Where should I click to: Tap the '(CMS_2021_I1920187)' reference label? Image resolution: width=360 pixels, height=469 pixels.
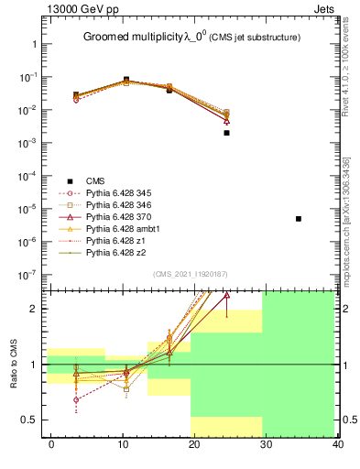pos(190,273)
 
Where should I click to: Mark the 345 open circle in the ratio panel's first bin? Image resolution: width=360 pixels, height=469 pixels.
pos(76,399)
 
